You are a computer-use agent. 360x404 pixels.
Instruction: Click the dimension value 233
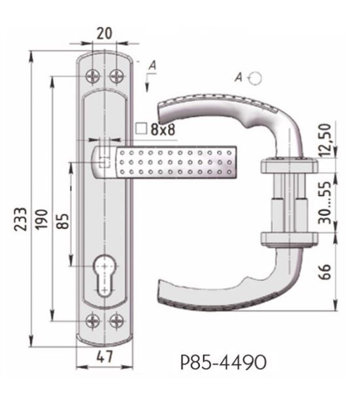click(20, 219)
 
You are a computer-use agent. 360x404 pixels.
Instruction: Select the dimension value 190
click(41, 219)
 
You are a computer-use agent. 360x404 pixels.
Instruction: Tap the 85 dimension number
click(63, 222)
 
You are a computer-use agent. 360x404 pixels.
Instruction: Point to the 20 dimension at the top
click(105, 33)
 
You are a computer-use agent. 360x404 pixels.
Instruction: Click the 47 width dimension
click(105, 357)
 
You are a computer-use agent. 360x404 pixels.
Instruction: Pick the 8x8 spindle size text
click(163, 129)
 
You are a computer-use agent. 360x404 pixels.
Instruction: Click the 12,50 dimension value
click(324, 140)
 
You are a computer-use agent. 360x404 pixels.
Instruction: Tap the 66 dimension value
click(325, 272)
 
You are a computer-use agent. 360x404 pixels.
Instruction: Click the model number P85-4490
click(223, 362)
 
